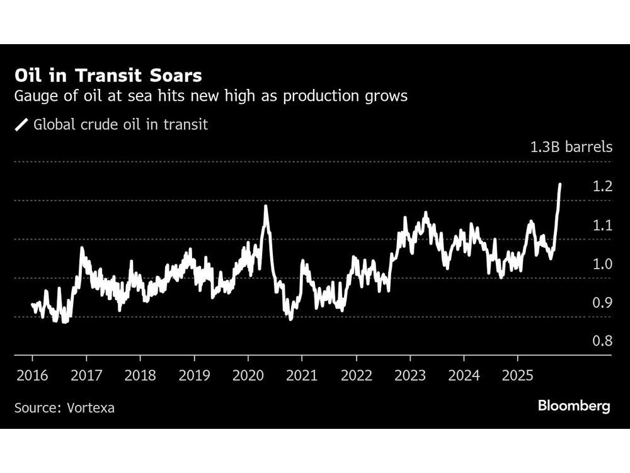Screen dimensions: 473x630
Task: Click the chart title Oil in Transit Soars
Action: [x=108, y=76]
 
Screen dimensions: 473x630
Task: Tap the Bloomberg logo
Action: [x=574, y=406]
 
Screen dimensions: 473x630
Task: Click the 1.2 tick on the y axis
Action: [x=603, y=187]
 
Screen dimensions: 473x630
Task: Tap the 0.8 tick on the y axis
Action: [x=603, y=342]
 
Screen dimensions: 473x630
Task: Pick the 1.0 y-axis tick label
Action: [x=603, y=264]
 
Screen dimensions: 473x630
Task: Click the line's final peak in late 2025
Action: [x=560, y=184]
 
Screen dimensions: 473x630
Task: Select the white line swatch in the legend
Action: [x=22, y=125]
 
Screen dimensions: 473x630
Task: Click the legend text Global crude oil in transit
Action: [x=120, y=125]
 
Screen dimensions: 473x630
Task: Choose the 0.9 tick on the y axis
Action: [x=603, y=303]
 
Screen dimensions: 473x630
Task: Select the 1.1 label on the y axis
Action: [x=603, y=225]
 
